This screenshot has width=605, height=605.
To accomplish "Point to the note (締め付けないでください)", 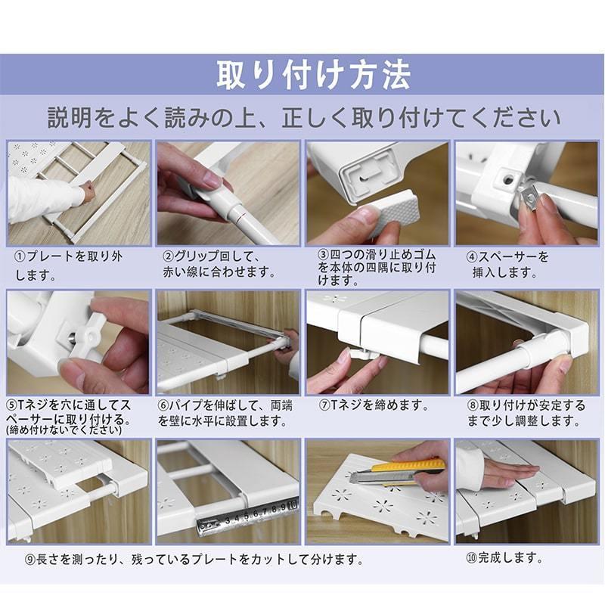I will tap(64, 430).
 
